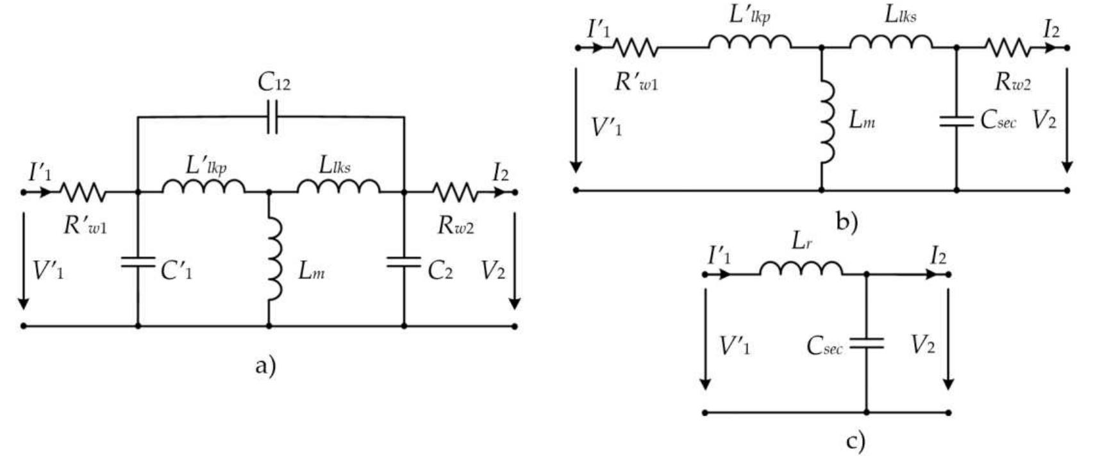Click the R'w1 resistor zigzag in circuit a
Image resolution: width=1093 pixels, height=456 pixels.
pos(83,192)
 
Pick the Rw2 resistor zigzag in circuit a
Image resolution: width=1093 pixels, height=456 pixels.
pos(455,192)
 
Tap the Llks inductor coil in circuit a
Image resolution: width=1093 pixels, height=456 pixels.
pos(338,187)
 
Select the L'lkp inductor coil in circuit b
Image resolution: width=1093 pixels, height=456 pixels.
pos(750,42)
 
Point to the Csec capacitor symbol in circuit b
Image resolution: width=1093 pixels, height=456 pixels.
pos(956,121)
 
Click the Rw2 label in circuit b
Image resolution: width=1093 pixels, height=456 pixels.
pos(1012,81)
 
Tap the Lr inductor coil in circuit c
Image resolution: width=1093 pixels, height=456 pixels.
pos(801,269)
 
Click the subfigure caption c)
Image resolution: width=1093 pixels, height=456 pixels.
pos(855,441)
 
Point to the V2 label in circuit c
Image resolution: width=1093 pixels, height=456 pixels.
pos(922,346)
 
